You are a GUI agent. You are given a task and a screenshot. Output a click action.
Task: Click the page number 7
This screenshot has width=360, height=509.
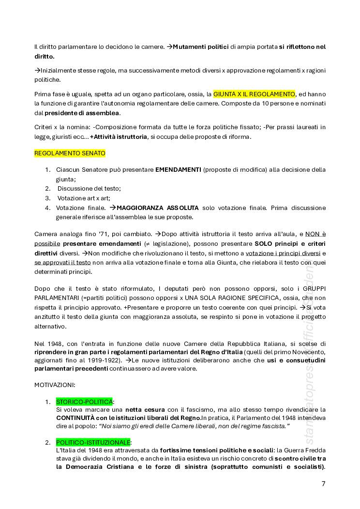tap(323, 483)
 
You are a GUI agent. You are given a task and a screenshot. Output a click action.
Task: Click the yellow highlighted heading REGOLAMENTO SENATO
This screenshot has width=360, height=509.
tap(70, 153)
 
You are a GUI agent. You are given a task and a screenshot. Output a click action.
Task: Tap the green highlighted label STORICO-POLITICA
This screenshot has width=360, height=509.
tap(85, 402)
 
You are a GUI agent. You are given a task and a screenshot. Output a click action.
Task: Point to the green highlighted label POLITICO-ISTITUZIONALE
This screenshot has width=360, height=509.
tap(93, 442)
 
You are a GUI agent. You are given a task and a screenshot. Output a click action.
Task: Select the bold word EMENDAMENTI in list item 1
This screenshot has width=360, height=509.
tap(178, 170)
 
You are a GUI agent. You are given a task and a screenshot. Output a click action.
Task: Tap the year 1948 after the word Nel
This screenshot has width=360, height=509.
tap(51, 344)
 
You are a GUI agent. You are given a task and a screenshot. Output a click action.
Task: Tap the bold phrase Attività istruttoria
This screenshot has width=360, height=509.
tap(120, 137)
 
